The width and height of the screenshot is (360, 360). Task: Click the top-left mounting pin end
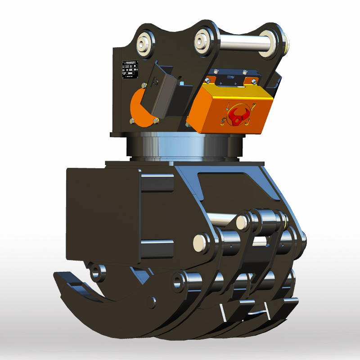click(145, 44)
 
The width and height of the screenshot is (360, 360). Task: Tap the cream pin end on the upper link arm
click(242, 220)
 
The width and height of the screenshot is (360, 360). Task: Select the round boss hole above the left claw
click(96, 272)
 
